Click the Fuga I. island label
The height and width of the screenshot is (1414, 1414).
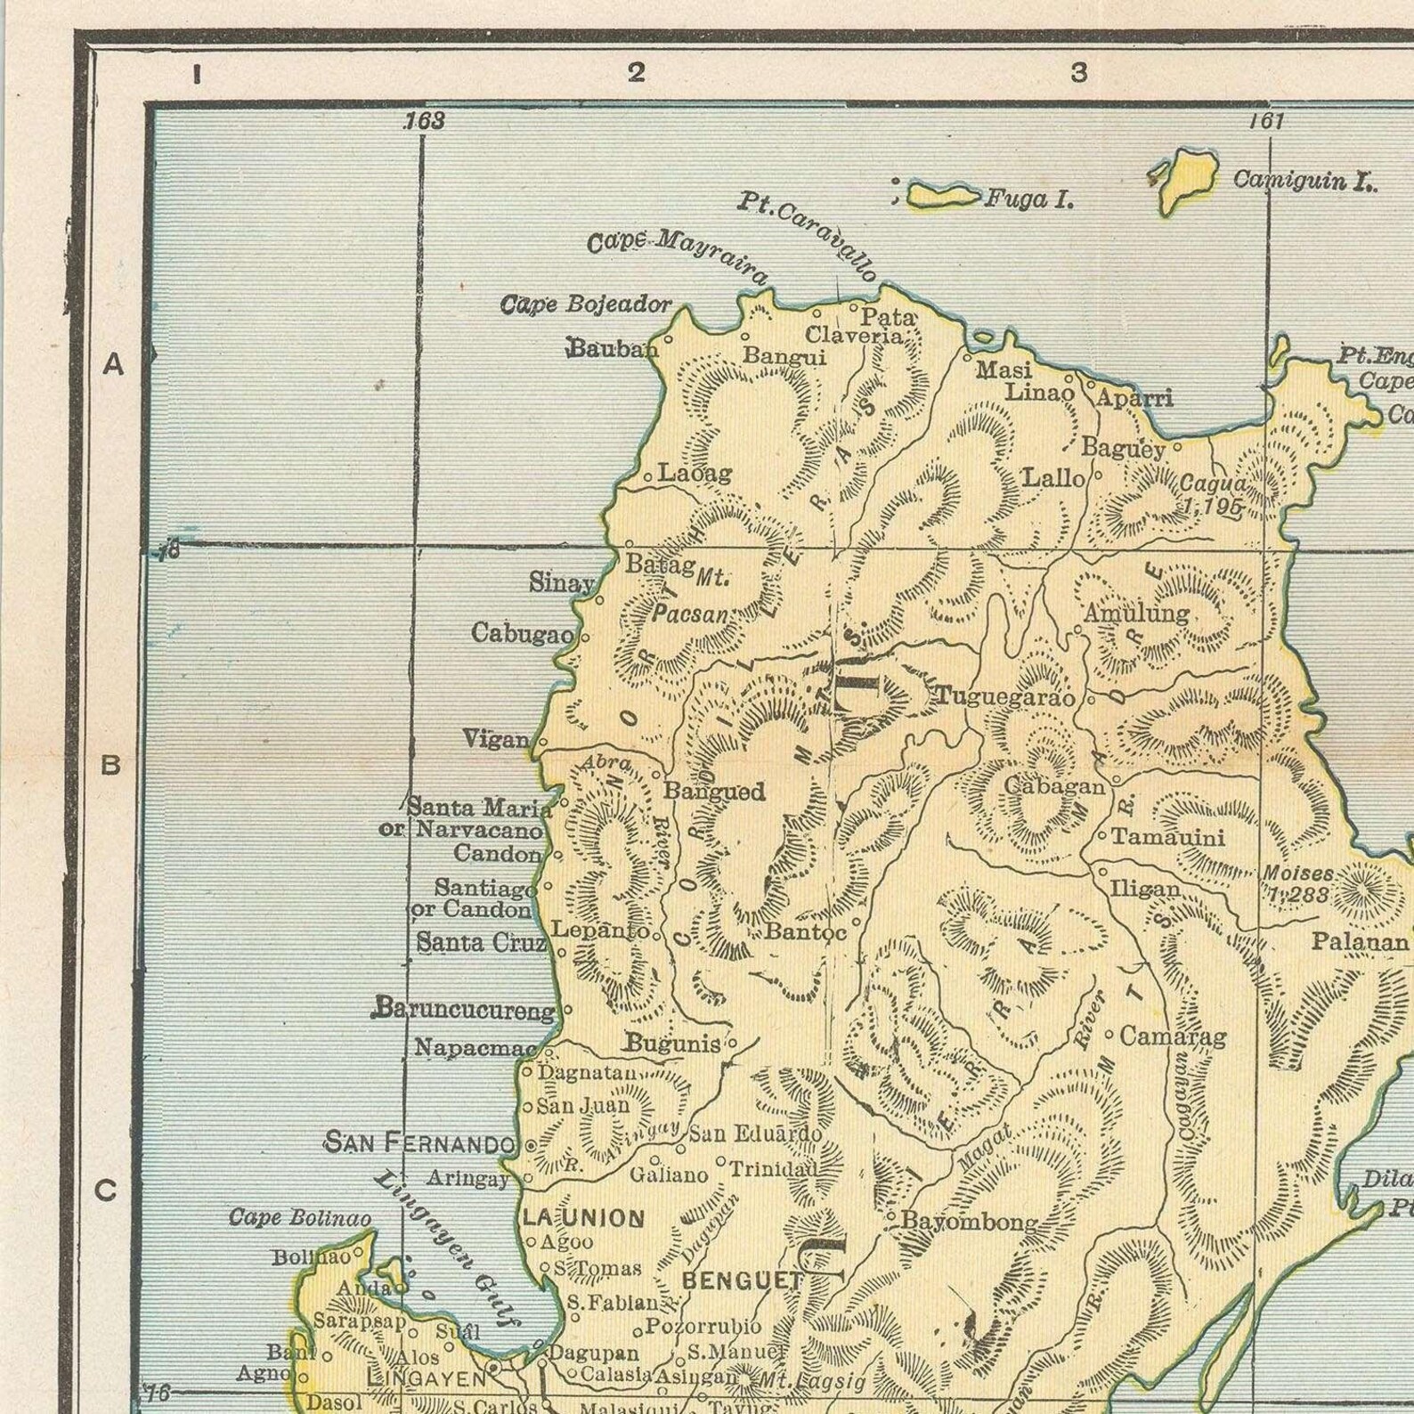pos(1028,199)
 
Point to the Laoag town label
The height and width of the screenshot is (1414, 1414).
pos(695,473)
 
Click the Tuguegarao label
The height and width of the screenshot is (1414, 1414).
pos(1004,697)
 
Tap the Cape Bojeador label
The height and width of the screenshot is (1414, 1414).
pos(586,305)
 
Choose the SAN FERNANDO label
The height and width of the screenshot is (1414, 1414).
pos(419,1142)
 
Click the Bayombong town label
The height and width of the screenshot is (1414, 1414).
pos(970,1222)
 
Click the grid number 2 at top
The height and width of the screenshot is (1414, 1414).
pos(635,72)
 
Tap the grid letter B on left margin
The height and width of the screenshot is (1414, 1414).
pos(110,765)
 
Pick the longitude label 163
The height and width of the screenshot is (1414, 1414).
pos(424,121)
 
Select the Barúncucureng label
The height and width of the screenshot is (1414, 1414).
pos(464,1010)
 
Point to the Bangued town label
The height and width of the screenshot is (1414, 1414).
pos(714,791)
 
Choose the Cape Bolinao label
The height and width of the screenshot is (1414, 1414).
pos(300,1218)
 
